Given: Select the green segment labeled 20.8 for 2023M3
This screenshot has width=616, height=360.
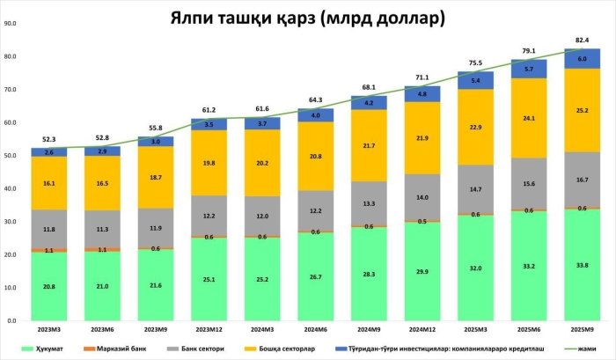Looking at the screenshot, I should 48,286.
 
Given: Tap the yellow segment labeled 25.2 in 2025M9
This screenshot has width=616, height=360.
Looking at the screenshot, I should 583,111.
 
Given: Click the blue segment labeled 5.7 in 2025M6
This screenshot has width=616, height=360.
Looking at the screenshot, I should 529,69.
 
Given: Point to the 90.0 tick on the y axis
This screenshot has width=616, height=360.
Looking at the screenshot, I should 12,24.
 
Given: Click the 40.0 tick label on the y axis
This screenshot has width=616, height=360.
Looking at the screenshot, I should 12,189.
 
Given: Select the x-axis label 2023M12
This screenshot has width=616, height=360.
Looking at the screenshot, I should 209,331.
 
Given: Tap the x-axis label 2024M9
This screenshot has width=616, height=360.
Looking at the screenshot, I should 369,331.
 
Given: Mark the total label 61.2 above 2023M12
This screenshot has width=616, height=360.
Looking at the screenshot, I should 209,110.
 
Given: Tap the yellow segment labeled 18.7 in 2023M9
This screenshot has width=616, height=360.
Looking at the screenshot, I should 156,177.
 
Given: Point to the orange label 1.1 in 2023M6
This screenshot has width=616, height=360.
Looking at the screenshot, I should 102,249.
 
